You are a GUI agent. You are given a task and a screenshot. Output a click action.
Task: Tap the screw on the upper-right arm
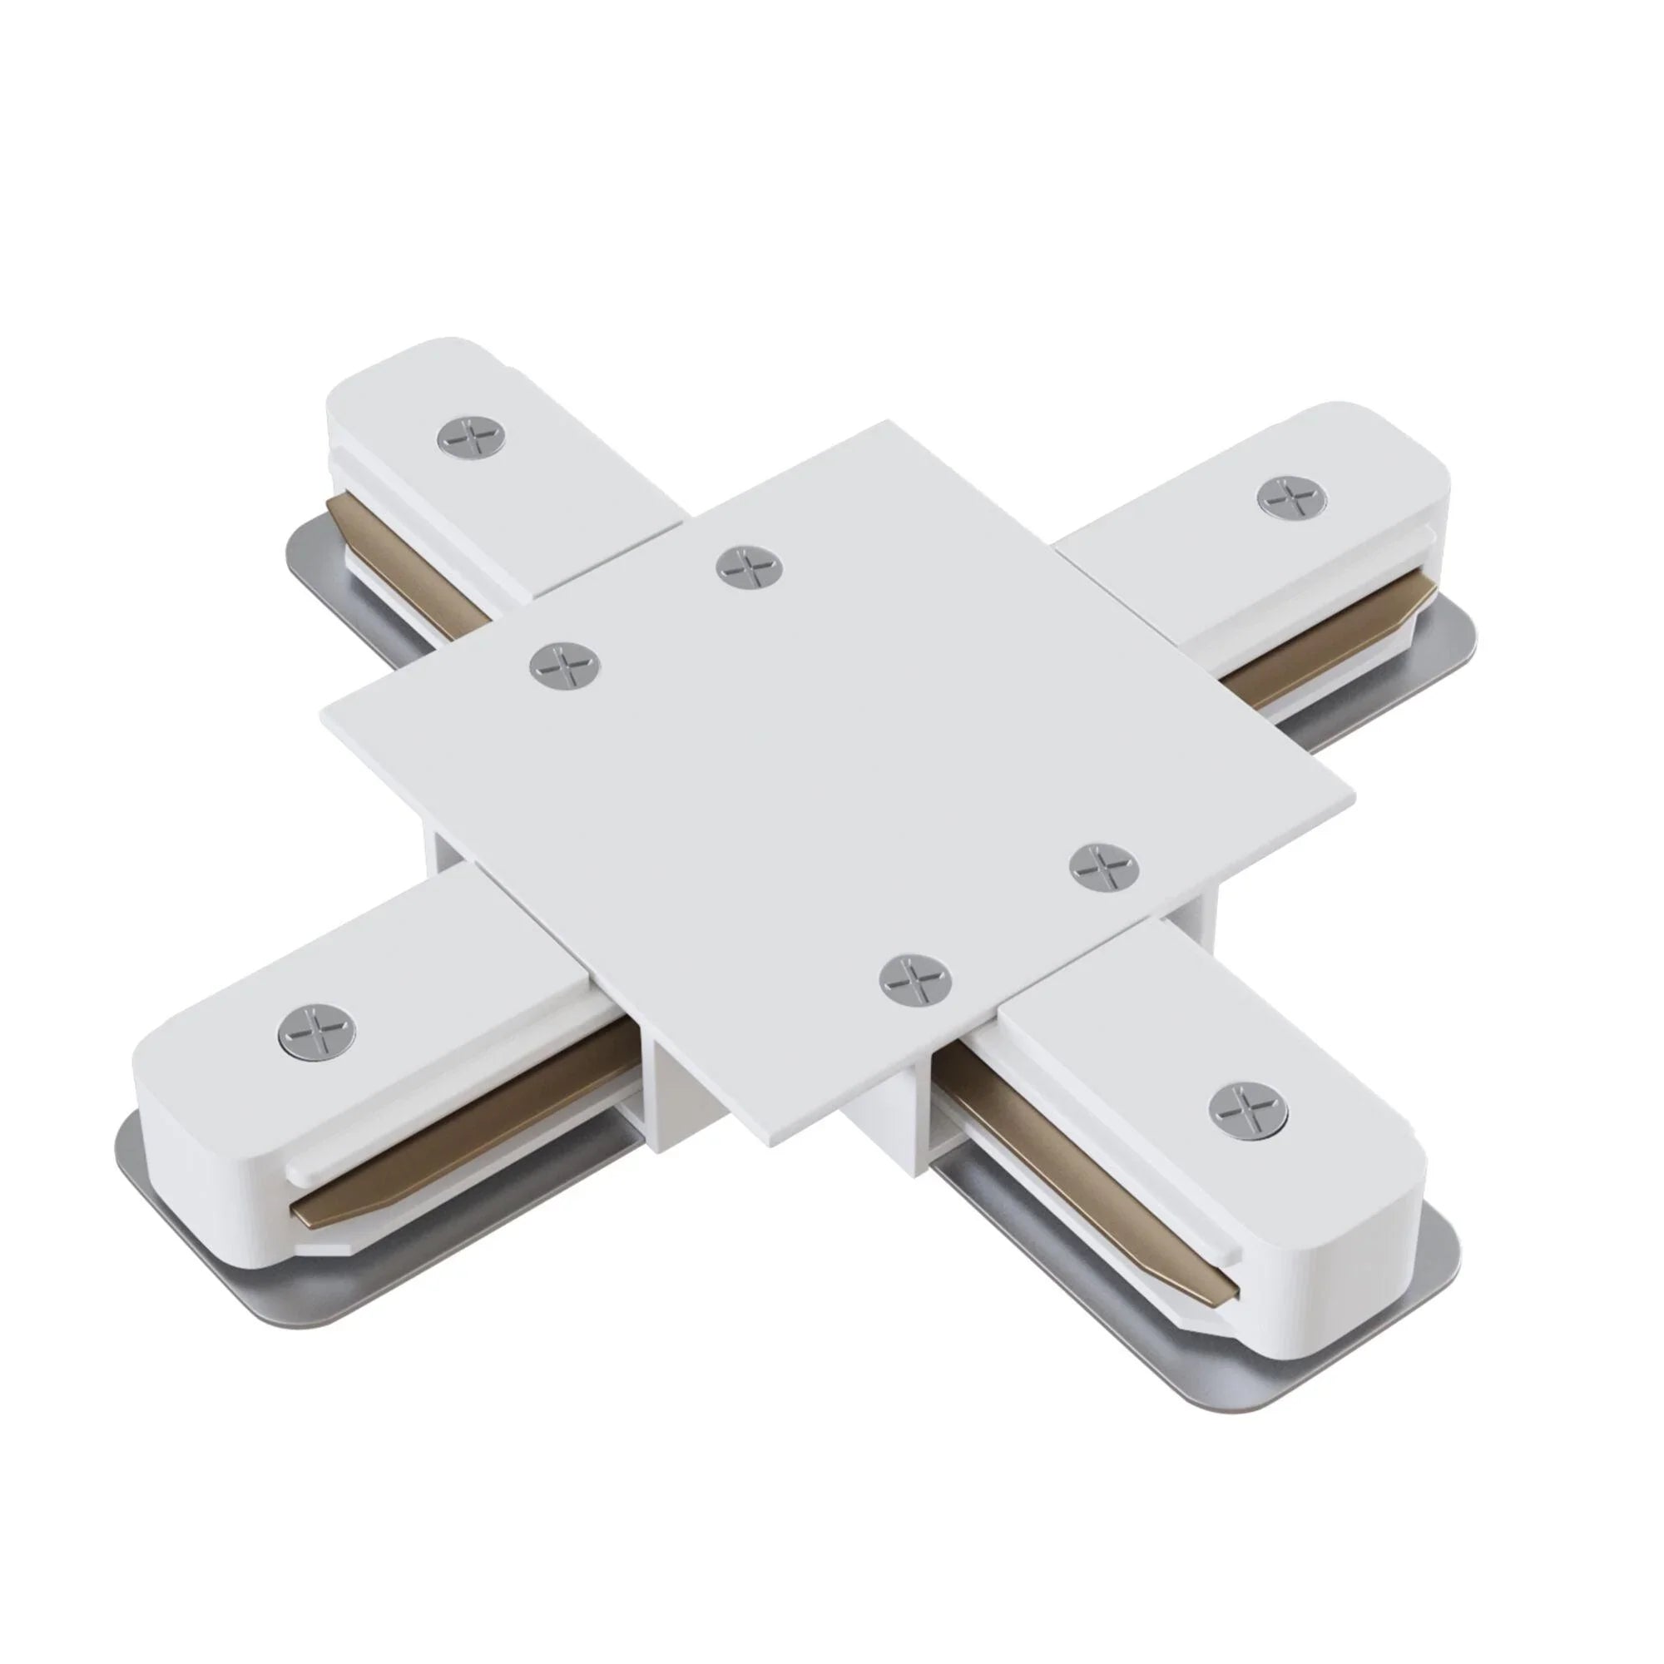[x=1291, y=497]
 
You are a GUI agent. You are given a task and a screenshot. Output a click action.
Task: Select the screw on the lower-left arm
[x=317, y=1031]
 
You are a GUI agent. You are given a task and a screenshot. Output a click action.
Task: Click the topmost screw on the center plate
[x=750, y=567]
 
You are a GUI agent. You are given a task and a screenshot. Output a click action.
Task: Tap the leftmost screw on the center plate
[x=565, y=666]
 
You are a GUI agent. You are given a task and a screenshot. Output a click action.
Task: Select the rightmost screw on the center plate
[x=1103, y=868]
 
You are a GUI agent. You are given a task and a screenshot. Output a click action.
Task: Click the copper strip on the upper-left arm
[x=405, y=560]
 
